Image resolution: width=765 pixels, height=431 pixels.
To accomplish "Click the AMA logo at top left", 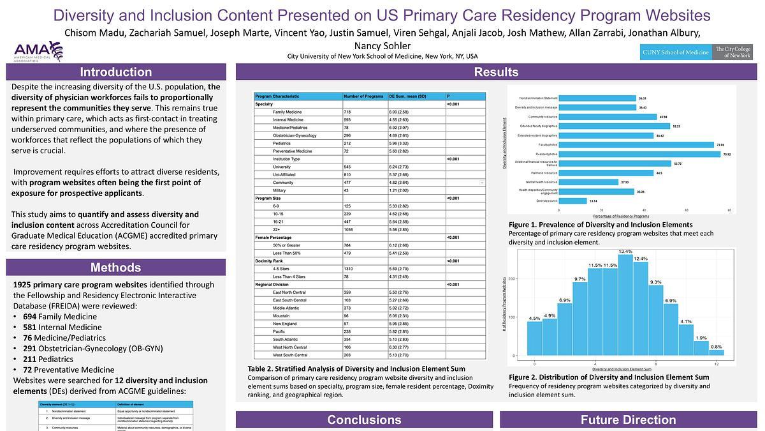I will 38,50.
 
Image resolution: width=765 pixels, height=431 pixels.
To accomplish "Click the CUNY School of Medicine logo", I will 676,52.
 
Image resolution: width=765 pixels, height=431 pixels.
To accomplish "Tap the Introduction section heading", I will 115,72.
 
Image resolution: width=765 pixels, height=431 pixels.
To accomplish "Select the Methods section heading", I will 115,268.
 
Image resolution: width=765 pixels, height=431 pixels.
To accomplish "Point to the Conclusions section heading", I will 364,420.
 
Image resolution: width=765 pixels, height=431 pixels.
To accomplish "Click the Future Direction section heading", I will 628,420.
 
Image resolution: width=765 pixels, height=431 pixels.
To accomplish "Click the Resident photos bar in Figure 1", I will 641,154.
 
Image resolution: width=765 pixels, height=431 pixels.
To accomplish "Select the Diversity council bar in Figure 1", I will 573,200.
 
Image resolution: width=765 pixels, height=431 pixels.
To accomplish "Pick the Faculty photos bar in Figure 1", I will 637,145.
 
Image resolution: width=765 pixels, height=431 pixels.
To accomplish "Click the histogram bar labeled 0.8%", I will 717,352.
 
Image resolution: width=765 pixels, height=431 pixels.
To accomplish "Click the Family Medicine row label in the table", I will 288,112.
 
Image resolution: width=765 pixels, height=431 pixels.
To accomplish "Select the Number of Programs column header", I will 364,96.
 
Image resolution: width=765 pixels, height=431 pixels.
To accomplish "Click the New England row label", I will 286,324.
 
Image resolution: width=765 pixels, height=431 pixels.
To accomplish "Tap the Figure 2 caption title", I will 609,377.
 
